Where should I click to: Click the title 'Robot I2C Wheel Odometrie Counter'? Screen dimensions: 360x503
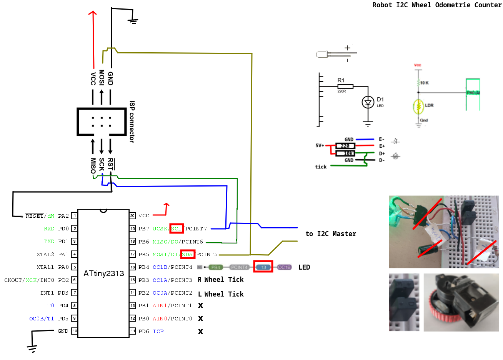[x=437, y=5]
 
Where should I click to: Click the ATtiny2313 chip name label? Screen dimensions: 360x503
[x=104, y=273]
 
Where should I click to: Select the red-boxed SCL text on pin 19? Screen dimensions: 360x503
[x=177, y=228]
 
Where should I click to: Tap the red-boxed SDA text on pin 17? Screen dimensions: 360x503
[x=187, y=254]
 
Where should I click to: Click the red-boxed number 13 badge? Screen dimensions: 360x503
[x=263, y=267]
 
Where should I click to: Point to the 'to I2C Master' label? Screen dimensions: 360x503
[x=331, y=234]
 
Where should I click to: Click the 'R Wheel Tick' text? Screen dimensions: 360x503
[x=221, y=280]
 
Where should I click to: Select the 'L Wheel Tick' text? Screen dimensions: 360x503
[x=221, y=294]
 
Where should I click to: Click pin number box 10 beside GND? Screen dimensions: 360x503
[x=75, y=331]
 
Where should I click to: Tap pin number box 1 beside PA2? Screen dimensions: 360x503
[x=75, y=216]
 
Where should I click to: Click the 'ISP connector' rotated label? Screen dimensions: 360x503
[x=132, y=122]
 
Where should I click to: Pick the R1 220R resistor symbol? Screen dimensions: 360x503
[x=345, y=87]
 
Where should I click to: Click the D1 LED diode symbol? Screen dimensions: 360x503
[x=368, y=102]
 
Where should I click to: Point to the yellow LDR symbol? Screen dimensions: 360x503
[x=418, y=107]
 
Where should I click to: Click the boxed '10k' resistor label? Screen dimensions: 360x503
[x=345, y=153]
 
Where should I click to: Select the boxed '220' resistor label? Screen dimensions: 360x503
[x=345, y=146]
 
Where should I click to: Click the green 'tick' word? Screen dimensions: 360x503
[x=321, y=167]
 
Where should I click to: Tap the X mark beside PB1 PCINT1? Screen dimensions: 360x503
[x=200, y=305]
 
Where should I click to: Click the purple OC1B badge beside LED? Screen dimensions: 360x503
[x=284, y=267]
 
